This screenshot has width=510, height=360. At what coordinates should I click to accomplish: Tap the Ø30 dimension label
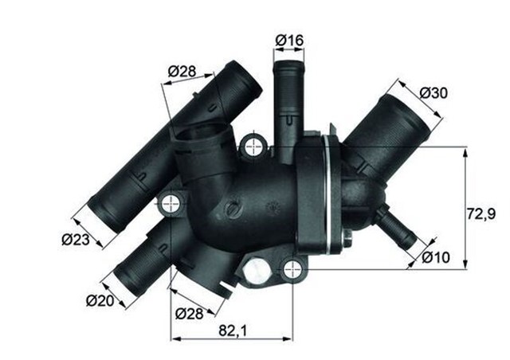click(433, 93)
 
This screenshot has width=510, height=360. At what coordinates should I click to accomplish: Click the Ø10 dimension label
click(435, 256)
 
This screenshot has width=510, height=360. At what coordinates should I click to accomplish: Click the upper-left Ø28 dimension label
click(182, 72)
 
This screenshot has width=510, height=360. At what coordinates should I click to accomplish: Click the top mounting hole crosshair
click(254, 146)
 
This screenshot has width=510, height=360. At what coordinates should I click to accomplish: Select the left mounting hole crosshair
click(171, 203)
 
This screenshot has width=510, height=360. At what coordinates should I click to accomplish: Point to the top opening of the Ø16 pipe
click(288, 65)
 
